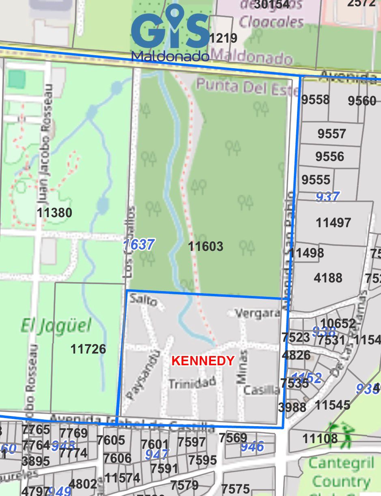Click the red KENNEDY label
(203, 360)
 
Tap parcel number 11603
(206, 246)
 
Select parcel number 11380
(54, 213)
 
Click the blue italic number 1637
(139, 245)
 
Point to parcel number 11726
(88, 349)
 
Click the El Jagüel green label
(56, 326)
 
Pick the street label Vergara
(258, 313)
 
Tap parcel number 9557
(331, 134)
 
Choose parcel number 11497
(333, 222)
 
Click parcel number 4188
(328, 278)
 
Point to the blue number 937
(327, 197)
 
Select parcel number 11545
(332, 405)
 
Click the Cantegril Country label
(341, 472)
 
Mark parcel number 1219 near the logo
(223, 39)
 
